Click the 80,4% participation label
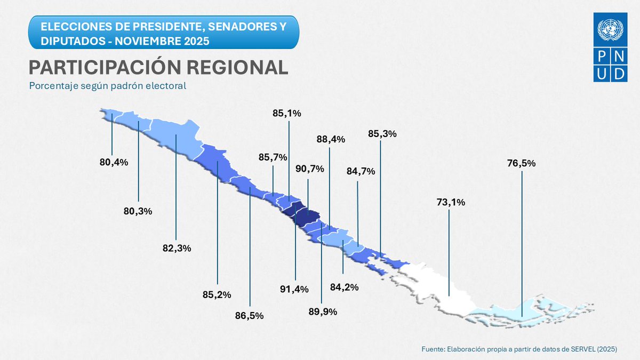[x=114, y=162]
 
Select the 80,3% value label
[x=138, y=211]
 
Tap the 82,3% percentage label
[x=177, y=248]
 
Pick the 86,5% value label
[x=250, y=315]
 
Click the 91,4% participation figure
[x=294, y=289]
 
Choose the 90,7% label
[x=310, y=169]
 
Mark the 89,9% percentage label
[x=322, y=312]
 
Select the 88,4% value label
[x=331, y=139]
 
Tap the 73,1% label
[x=451, y=202]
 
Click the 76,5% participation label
[x=522, y=163]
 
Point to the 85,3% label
[x=382, y=134]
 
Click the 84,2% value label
[x=344, y=287]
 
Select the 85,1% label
[x=287, y=113]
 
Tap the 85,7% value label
[x=273, y=157]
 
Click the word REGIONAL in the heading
[x=231, y=67]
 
